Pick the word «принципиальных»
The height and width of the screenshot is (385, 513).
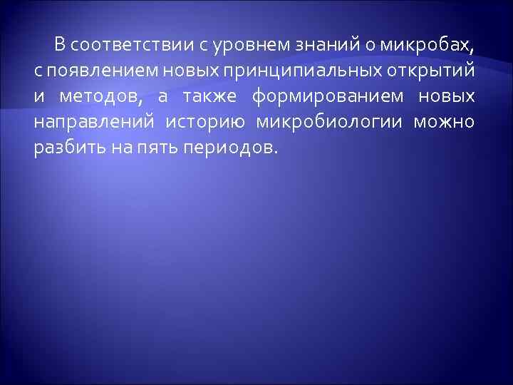292,72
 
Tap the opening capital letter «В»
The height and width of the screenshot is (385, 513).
60,46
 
